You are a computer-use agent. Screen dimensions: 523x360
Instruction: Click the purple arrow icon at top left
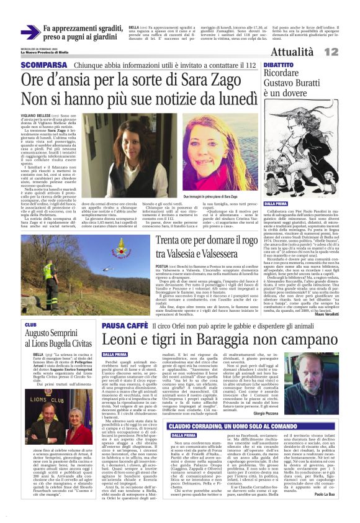coord(29,33)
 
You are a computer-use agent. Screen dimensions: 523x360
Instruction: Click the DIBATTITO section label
coord(279,65)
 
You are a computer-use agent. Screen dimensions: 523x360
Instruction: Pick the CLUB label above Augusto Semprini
coord(30,324)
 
